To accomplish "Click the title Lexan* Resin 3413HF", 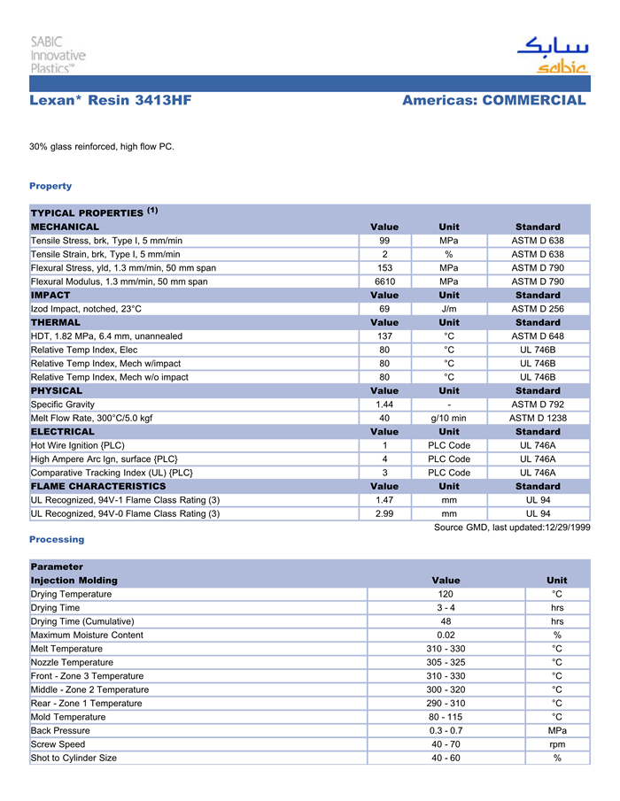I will point(110,100).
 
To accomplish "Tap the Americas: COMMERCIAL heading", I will point(493,100).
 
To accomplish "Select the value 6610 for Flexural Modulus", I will point(384,281).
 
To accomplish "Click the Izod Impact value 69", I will point(384,309).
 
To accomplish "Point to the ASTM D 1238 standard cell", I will point(538,418).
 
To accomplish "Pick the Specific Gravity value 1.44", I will point(384,404).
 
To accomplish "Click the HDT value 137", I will point(384,336).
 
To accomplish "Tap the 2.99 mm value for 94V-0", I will point(384,513).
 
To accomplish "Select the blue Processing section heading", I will point(57,539).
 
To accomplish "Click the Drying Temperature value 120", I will point(446,594).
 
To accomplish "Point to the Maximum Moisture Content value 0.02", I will point(446,635).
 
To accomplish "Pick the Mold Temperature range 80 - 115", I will point(446,717).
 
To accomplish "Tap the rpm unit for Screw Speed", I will point(557,744).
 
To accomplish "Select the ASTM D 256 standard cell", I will point(538,309).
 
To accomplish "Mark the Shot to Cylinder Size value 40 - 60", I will point(446,758).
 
